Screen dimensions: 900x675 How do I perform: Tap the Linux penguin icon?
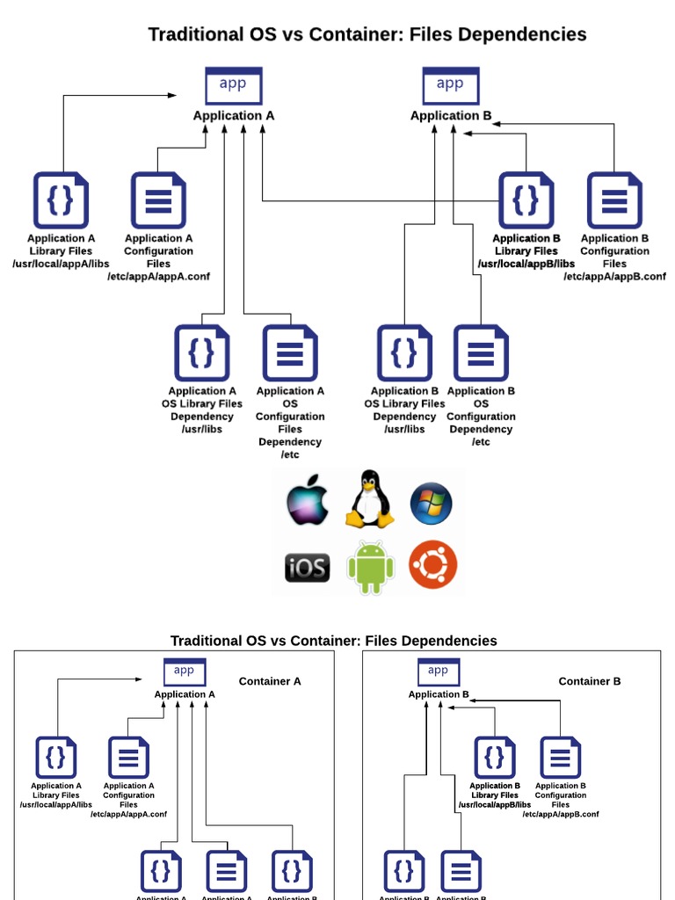point(369,499)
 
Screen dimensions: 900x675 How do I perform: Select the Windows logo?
point(432,503)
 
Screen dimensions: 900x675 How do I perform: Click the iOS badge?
point(307,568)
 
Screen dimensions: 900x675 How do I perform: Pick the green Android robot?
point(370,567)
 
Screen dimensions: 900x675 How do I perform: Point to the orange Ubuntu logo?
point(433,565)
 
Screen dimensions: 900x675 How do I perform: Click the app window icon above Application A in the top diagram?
point(233,85)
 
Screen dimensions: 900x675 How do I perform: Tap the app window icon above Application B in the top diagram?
point(450,85)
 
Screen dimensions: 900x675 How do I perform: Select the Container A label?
point(270,681)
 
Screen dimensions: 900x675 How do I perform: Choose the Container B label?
point(590,681)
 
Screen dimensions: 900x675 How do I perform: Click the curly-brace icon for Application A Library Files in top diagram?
point(61,200)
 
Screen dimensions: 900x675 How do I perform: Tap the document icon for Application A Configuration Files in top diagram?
point(158,200)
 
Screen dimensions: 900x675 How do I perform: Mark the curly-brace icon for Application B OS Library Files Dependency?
point(404,352)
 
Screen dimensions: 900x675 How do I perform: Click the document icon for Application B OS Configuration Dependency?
point(481,352)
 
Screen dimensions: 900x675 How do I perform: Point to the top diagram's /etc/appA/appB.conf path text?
point(614,276)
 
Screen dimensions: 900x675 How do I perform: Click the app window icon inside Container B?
point(438,672)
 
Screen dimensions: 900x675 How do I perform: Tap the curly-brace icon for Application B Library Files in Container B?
point(495,758)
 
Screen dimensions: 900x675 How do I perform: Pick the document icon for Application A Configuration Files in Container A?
point(128,758)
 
